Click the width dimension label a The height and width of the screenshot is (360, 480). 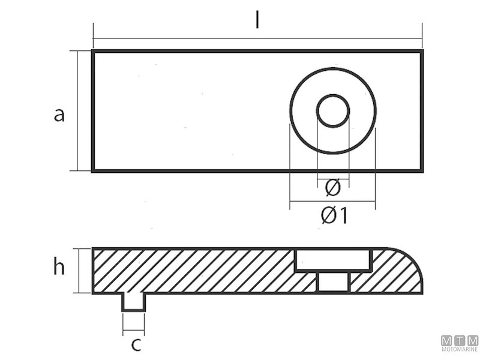[59, 114]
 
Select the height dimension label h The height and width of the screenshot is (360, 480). [59, 268]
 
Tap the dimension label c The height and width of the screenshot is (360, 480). [136, 345]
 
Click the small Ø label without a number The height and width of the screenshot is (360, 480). [332, 188]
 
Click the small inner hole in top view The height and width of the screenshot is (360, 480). [332, 111]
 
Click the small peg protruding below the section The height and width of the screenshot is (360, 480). [133, 302]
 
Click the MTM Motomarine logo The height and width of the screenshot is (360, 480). [460, 340]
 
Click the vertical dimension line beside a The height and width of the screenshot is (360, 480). [79, 111]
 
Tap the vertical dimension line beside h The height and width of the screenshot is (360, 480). [79, 270]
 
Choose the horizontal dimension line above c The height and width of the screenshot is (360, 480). [133, 330]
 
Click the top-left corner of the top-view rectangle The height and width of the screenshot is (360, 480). [93, 51]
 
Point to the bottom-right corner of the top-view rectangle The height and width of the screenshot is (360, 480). [422, 171]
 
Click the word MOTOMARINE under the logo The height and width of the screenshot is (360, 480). [460, 349]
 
